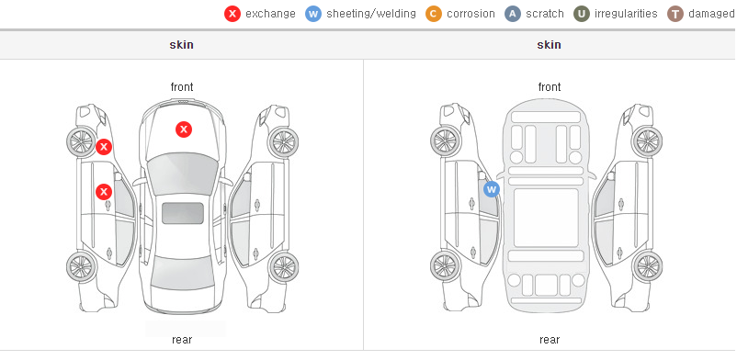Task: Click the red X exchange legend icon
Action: click(232, 14)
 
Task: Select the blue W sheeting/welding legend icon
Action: click(313, 14)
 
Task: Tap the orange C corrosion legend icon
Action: click(434, 14)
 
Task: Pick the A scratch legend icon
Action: click(513, 14)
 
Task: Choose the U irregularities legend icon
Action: click(582, 14)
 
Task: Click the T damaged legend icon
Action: click(675, 14)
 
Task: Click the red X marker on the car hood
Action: click(184, 129)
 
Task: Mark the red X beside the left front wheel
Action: click(104, 147)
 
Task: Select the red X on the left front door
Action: click(104, 192)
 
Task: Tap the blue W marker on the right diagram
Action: click(491, 189)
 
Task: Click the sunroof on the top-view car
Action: click(183, 213)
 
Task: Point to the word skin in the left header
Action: click(181, 45)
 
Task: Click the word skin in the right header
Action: click(549, 45)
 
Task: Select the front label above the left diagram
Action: click(182, 87)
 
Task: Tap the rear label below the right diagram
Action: click(550, 340)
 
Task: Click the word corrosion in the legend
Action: click(471, 14)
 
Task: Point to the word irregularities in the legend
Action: click(626, 14)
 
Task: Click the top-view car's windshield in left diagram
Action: click(183, 174)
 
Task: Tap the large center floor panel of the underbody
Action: click(546, 218)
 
